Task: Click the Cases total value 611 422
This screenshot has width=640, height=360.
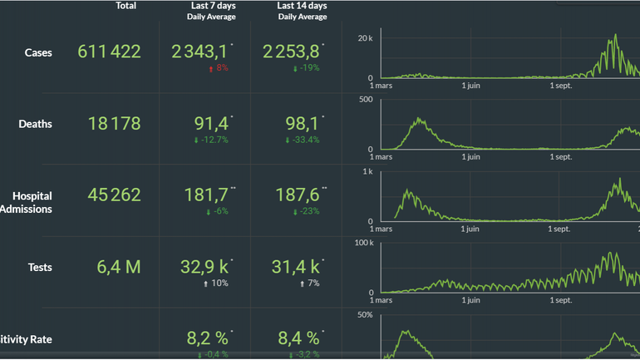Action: [109, 52]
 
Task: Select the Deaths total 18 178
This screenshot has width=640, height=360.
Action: [114, 124]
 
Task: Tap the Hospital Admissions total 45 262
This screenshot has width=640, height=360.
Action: [114, 195]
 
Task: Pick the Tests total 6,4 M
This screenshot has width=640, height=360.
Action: [120, 267]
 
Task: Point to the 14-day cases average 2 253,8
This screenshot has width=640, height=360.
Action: [290, 52]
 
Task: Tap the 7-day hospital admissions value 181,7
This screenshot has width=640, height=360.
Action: [207, 195]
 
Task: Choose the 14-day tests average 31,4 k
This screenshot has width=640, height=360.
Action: [296, 267]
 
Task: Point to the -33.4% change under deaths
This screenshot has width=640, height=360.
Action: [303, 140]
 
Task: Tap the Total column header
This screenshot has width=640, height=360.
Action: [126, 6]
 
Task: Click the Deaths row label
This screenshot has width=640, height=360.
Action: [35, 124]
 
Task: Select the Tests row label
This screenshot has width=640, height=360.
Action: [40, 267]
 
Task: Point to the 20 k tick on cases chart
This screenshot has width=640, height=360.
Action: [363, 38]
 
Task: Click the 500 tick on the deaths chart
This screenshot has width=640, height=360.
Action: [366, 101]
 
